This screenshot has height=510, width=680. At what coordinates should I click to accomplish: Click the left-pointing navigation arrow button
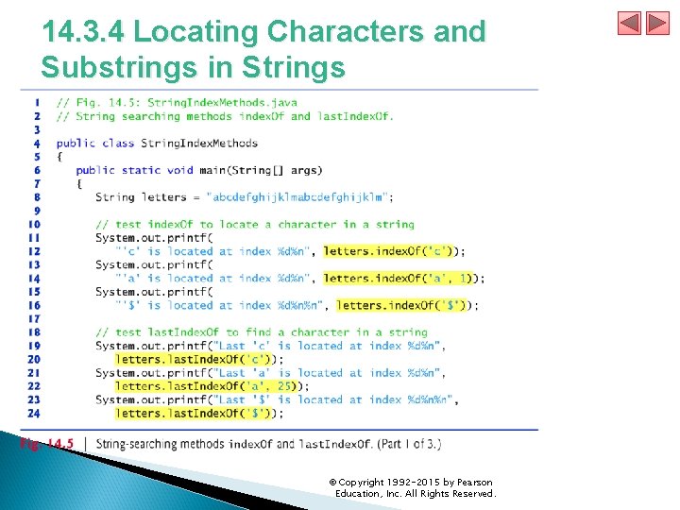click(x=629, y=23)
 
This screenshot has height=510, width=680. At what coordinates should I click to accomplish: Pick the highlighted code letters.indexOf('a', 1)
click(x=399, y=279)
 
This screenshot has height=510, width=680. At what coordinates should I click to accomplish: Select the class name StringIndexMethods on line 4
click(x=199, y=144)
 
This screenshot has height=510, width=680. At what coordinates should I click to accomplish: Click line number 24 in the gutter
click(x=34, y=413)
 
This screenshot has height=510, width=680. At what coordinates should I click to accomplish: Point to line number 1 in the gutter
click(x=36, y=102)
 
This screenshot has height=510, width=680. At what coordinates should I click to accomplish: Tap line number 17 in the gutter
click(x=34, y=318)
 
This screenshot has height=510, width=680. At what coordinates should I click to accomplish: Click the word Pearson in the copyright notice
click(x=470, y=483)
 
